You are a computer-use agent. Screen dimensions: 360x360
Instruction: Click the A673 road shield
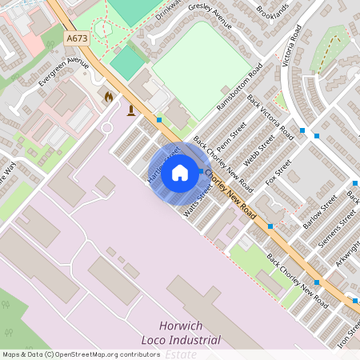[76, 38]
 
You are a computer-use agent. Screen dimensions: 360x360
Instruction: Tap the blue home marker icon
[180, 173]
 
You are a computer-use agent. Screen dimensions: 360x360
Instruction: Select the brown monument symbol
[131, 110]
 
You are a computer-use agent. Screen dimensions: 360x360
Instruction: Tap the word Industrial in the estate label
[190, 341]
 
